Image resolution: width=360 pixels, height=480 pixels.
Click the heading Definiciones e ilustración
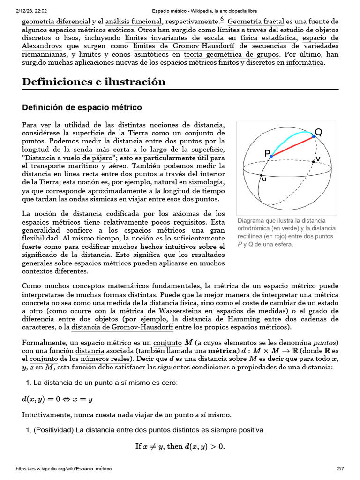(94, 82)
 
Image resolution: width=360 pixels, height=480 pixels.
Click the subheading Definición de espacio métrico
(82, 107)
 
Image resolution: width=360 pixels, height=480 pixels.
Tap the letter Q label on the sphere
(318, 132)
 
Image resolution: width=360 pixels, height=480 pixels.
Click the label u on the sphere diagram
(264, 179)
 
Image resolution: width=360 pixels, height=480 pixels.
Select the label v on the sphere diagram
(318, 159)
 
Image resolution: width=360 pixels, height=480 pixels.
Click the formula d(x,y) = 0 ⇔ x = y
(58, 399)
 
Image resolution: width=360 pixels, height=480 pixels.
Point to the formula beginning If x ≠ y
(180, 446)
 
